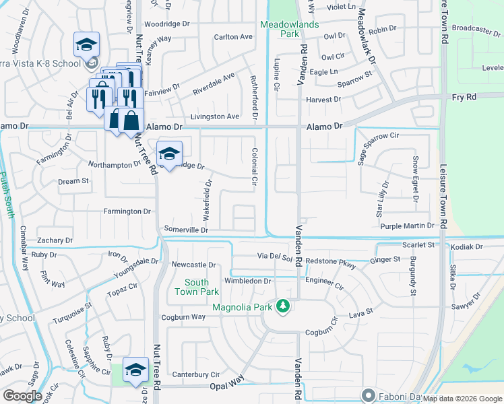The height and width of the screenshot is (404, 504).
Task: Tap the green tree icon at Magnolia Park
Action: pyautogui.click(x=284, y=306)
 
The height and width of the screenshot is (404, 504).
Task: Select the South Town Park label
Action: pyautogui.click(x=197, y=287)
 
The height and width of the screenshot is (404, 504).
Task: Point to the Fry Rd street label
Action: pyautogui.click(x=463, y=97)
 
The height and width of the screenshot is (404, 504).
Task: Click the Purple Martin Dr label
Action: pyautogui.click(x=410, y=226)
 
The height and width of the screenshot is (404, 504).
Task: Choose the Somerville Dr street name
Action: pyautogui.click(x=186, y=230)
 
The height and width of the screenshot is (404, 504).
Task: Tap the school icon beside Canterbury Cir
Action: pyautogui.click(x=135, y=370)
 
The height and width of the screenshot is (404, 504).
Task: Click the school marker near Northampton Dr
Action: pyautogui.click(x=170, y=153)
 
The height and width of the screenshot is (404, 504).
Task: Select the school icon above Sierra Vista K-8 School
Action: pyautogui.click(x=86, y=44)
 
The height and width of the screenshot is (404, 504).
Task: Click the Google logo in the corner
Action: pyautogui.click(x=22, y=395)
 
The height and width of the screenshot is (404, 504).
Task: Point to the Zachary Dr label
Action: pyautogui.click(x=55, y=240)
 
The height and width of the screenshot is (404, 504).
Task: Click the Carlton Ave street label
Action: pyautogui.click(x=233, y=37)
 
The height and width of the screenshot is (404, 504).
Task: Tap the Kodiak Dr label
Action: pyautogui.click(x=468, y=247)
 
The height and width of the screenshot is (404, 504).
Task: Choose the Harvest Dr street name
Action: pyautogui.click(x=323, y=99)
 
